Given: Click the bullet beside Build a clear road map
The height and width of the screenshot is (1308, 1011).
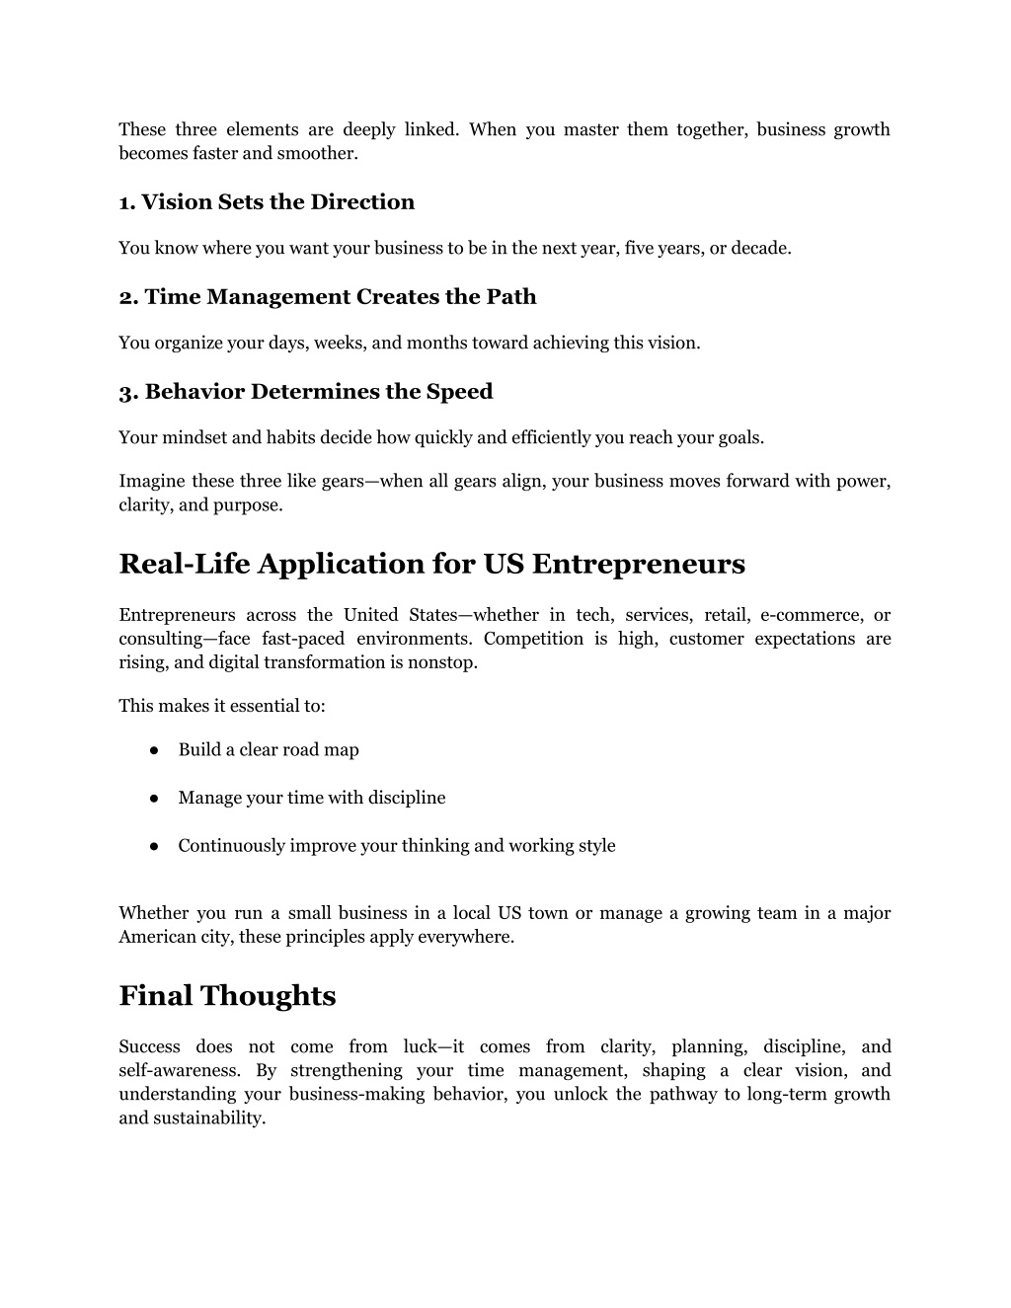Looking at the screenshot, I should pyautogui.click(x=156, y=750).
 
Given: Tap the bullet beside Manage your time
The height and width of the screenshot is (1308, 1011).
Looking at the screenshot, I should pyautogui.click(x=156, y=798).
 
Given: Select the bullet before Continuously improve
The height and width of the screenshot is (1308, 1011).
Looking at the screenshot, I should pyautogui.click(x=156, y=846).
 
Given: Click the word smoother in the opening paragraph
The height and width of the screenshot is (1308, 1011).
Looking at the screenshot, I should pyautogui.click(x=325, y=153).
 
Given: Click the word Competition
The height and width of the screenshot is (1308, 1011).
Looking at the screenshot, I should pyautogui.click(x=533, y=639).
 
